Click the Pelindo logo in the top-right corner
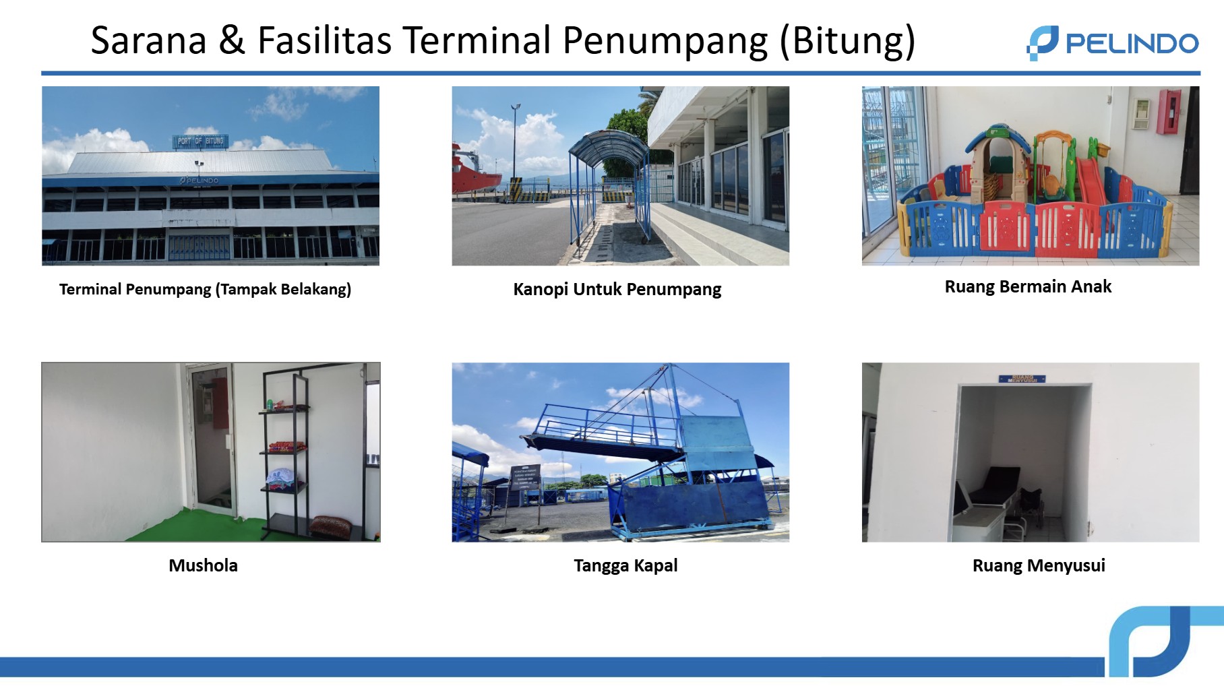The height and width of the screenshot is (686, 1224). point(1112,43)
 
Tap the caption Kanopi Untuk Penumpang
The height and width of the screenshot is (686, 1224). point(617,289)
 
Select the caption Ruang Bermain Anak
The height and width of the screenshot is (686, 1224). point(1027,286)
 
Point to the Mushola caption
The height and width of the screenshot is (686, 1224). point(203,565)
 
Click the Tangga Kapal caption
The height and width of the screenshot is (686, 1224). point(625,565)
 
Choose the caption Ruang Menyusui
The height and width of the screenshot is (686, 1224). point(1038,565)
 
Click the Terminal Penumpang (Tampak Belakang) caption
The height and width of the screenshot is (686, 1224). point(205,289)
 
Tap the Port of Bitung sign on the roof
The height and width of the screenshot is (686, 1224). point(200,141)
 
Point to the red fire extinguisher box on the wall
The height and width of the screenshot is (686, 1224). point(1169,111)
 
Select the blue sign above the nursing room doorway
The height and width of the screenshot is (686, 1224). point(1022,379)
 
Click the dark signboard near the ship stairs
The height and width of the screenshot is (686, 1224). point(525,476)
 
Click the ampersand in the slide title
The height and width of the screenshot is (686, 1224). point(231,40)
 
